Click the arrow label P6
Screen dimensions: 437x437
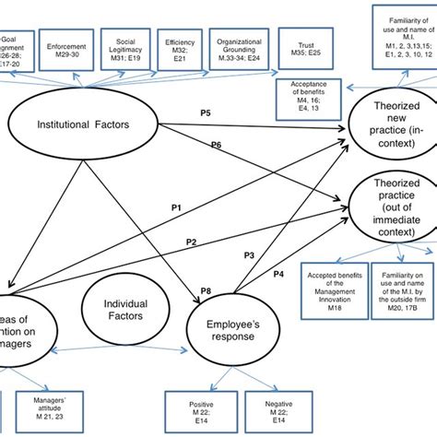point(217,146)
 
